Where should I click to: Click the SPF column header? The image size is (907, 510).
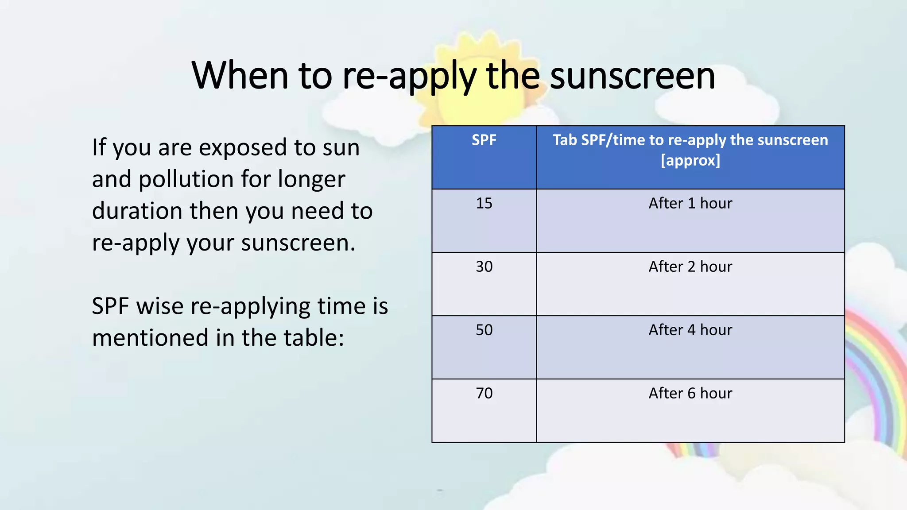coord(484,140)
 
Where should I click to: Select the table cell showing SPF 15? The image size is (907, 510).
coord(484,204)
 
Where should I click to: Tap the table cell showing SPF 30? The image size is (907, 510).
coord(484,267)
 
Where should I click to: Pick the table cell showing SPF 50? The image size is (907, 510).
coord(484,330)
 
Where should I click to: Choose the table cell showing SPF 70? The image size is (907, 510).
coord(484,394)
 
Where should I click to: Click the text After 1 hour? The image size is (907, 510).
coord(690,204)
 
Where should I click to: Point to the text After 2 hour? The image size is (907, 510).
coord(690,267)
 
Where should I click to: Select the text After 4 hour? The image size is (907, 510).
coord(690,330)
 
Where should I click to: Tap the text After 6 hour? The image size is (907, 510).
coord(690,394)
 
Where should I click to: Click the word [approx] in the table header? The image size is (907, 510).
coord(690,160)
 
